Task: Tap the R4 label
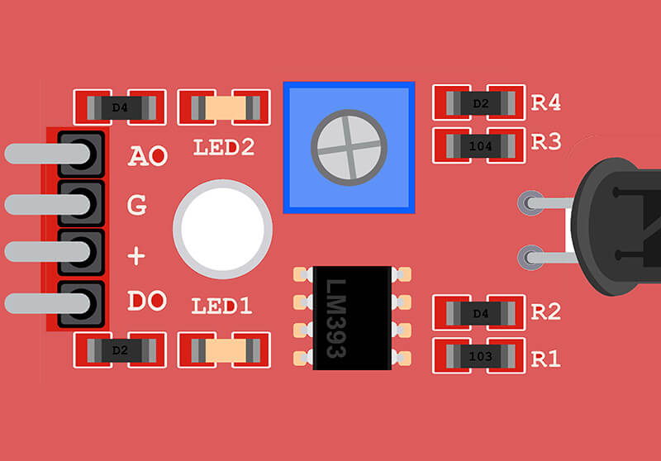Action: (546, 103)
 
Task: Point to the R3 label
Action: (546, 142)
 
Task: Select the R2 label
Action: (546, 312)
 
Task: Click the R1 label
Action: (546, 359)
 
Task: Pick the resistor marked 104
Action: (480, 146)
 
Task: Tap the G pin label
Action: (137, 204)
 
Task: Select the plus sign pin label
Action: (136, 255)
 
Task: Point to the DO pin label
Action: (147, 302)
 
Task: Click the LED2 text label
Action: (223, 149)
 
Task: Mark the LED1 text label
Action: (221, 307)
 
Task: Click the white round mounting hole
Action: (222, 228)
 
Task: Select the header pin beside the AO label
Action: (81, 154)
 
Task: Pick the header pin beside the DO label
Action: (81, 302)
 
